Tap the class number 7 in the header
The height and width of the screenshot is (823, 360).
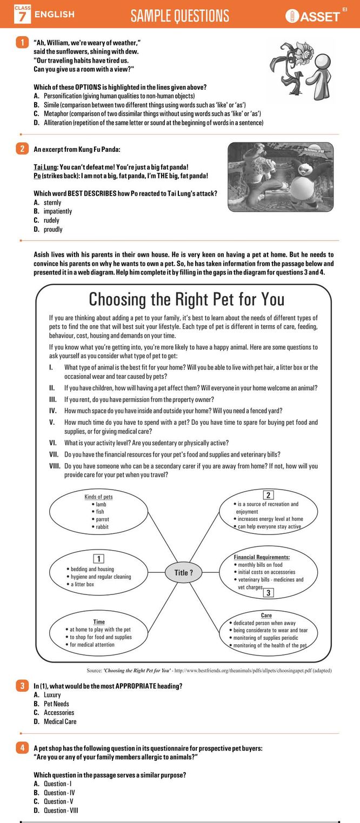click(22, 17)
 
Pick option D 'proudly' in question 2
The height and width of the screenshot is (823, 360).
click(52, 229)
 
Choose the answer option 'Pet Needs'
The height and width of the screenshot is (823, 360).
click(56, 704)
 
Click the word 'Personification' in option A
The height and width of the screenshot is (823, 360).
click(63, 96)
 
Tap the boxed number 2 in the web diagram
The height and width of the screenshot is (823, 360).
click(269, 494)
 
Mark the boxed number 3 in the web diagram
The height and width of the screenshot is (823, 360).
click(269, 593)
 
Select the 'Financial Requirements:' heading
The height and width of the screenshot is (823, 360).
click(262, 557)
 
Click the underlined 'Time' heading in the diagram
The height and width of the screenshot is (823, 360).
click(99, 621)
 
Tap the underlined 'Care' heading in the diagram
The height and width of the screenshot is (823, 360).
click(266, 615)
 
